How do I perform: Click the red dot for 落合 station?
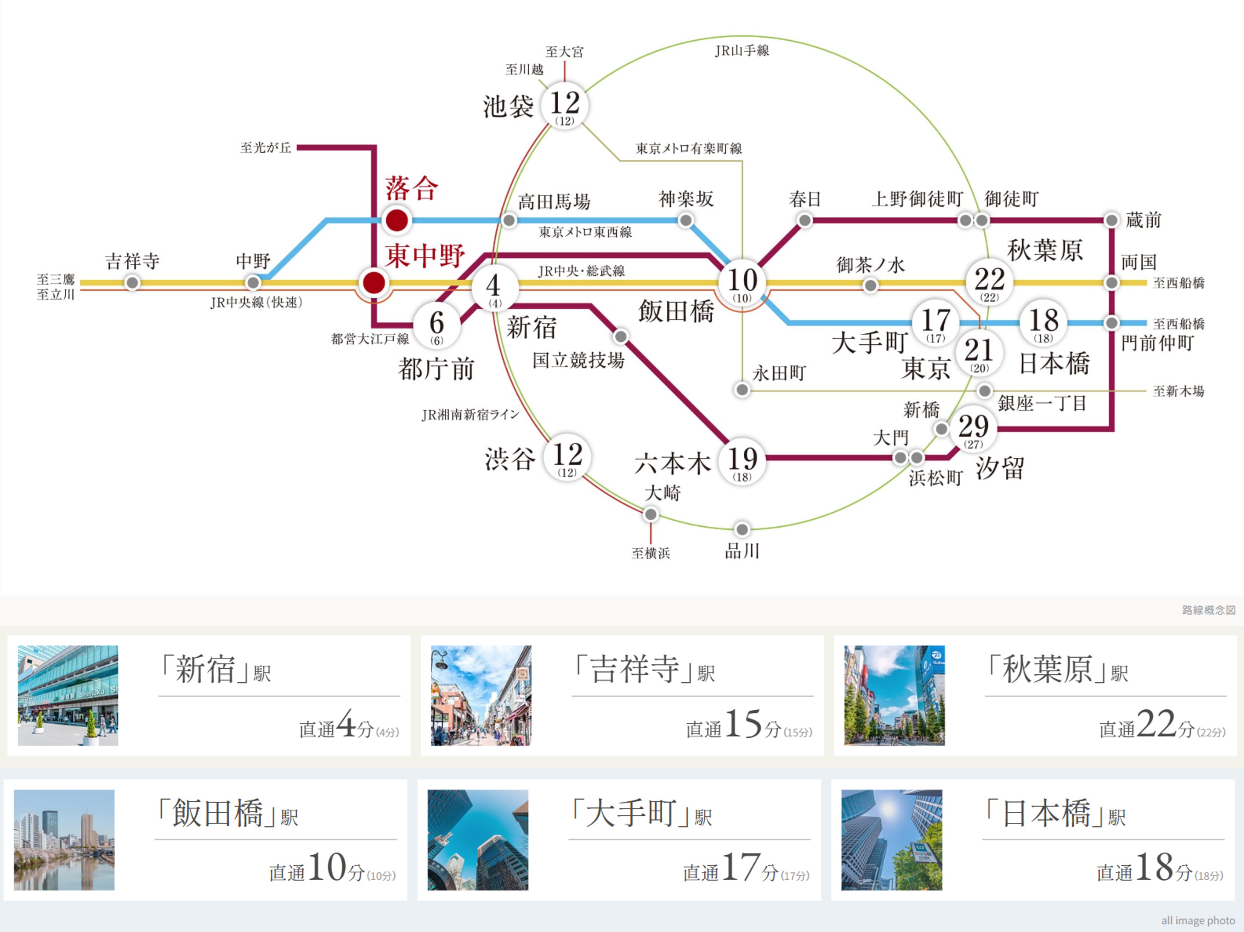click(397, 220)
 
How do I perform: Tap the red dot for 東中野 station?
click(374, 283)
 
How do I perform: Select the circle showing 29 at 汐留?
click(973, 428)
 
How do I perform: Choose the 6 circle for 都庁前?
click(437, 325)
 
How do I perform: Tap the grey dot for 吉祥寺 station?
click(132, 283)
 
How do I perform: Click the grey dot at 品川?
click(742, 530)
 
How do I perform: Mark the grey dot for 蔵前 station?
click(1111, 220)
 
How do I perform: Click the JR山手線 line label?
click(742, 50)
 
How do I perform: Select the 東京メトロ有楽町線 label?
click(689, 148)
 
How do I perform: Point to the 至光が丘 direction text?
click(265, 147)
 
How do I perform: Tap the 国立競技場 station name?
click(578, 360)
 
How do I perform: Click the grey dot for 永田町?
click(742, 390)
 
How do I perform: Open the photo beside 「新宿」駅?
click(68, 695)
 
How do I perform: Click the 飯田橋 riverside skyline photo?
click(64, 840)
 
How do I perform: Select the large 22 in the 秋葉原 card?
click(1156, 723)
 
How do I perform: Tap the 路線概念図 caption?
click(1209, 610)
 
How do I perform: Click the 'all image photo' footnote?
click(1198, 920)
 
